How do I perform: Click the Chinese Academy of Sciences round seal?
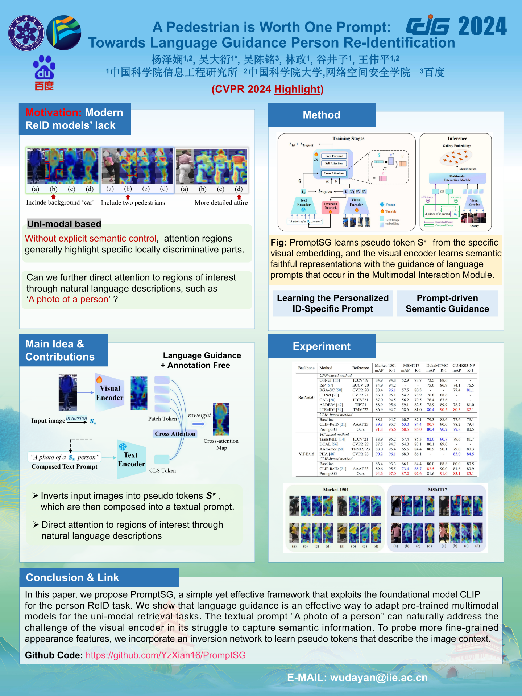[x=26, y=33]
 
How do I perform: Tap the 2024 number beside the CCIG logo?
[x=482, y=26]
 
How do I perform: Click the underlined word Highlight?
[x=298, y=89]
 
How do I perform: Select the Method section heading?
[x=322, y=115]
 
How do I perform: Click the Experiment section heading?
[x=322, y=346]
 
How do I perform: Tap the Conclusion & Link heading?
[x=72, y=577]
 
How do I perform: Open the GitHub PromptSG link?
[x=166, y=655]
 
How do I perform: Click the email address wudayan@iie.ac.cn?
[x=379, y=678]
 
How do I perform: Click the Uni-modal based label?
[x=64, y=224]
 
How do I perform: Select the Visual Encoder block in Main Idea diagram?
[x=109, y=393]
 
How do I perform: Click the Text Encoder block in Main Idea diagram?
[x=131, y=460]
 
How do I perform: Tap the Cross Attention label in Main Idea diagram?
[x=175, y=434]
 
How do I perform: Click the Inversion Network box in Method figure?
[x=331, y=206]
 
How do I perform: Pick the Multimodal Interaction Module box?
[x=457, y=178]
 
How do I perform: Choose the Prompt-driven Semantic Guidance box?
[x=447, y=303]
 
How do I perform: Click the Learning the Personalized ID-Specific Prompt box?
[x=332, y=303]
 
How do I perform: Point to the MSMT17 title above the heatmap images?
[x=437, y=490]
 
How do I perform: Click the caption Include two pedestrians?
[x=133, y=203]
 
